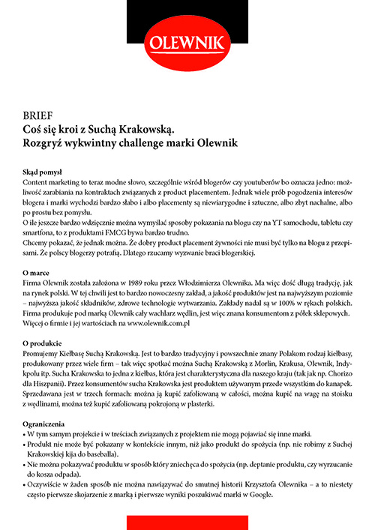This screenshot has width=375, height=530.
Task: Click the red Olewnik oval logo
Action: [187, 40]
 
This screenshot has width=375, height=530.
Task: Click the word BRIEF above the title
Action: [36, 116]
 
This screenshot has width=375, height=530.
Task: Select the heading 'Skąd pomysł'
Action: [46, 171]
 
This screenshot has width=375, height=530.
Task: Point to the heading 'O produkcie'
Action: [46, 342]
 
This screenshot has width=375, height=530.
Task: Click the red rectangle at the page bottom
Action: [187, 522]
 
